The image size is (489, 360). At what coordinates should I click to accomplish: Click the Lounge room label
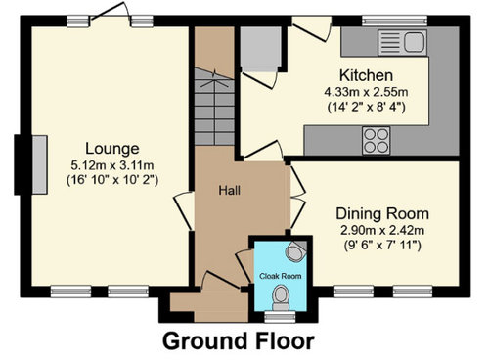(x=112, y=149)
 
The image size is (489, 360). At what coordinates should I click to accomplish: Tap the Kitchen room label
(x=366, y=75)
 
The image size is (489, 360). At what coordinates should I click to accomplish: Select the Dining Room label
(x=382, y=214)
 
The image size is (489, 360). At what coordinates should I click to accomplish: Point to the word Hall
(x=230, y=190)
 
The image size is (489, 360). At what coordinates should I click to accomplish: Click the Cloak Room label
(x=281, y=276)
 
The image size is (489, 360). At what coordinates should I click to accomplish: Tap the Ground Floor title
(x=239, y=341)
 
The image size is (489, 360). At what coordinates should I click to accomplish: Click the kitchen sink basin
(x=415, y=42)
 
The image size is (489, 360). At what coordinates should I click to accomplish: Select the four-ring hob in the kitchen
(x=376, y=141)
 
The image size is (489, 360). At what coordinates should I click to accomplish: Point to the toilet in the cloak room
(x=281, y=297)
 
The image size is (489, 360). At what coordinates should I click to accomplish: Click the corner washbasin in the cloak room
(x=296, y=251)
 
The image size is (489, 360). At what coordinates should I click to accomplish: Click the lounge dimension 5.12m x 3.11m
(x=112, y=165)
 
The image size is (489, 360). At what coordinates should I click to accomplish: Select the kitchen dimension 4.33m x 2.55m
(x=366, y=92)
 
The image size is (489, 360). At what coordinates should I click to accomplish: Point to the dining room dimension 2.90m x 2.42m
(x=382, y=231)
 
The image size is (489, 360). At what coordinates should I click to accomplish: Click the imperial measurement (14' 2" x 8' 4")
(x=366, y=107)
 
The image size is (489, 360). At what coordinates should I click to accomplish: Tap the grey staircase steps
(x=214, y=107)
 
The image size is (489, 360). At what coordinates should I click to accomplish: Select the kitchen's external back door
(x=312, y=28)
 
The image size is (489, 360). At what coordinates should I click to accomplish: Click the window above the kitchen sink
(x=395, y=21)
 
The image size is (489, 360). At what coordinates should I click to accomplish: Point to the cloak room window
(x=280, y=317)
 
